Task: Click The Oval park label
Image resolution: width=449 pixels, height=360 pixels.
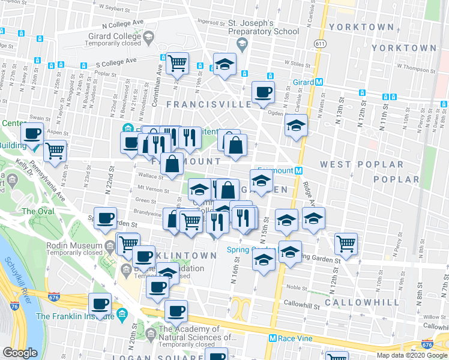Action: (x=38, y=211)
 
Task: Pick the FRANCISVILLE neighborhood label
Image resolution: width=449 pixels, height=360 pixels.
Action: (x=209, y=104)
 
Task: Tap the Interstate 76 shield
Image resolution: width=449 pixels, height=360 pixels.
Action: (x=13, y=305)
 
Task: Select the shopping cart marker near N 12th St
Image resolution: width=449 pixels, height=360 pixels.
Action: (x=346, y=244)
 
